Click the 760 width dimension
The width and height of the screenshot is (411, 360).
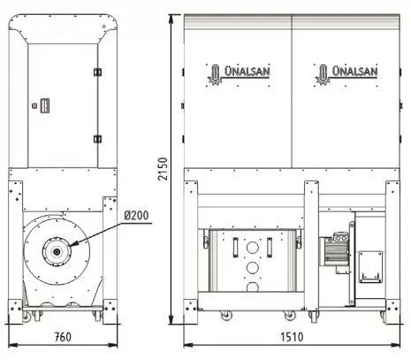click(63, 337)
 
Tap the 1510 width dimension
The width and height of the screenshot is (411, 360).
click(292, 337)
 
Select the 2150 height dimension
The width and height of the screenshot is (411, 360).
click(163, 169)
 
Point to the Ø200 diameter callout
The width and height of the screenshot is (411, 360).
click(136, 216)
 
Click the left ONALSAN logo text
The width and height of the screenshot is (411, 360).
click(247, 71)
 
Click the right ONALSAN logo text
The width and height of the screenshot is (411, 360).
click(354, 71)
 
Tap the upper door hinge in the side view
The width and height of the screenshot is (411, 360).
click(97, 72)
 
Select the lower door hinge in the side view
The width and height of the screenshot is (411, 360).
click(97, 139)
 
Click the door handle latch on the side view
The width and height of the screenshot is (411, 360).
click(44, 105)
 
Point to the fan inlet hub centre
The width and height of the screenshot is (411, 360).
click(57, 252)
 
